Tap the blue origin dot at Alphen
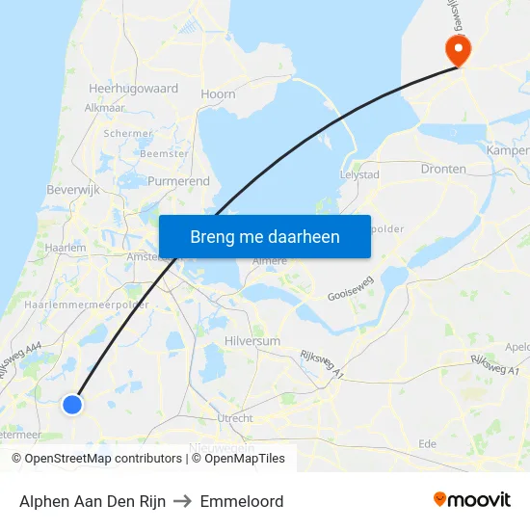[72, 405]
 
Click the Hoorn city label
[218, 94]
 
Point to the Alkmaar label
[104, 108]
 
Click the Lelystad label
[359, 175]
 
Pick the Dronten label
[443, 169]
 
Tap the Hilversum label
[252, 341]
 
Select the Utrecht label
[235, 418]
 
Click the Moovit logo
[472, 500]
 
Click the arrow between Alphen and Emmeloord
[183, 501]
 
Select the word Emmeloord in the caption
[242, 501]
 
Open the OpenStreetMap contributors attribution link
[102, 459]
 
